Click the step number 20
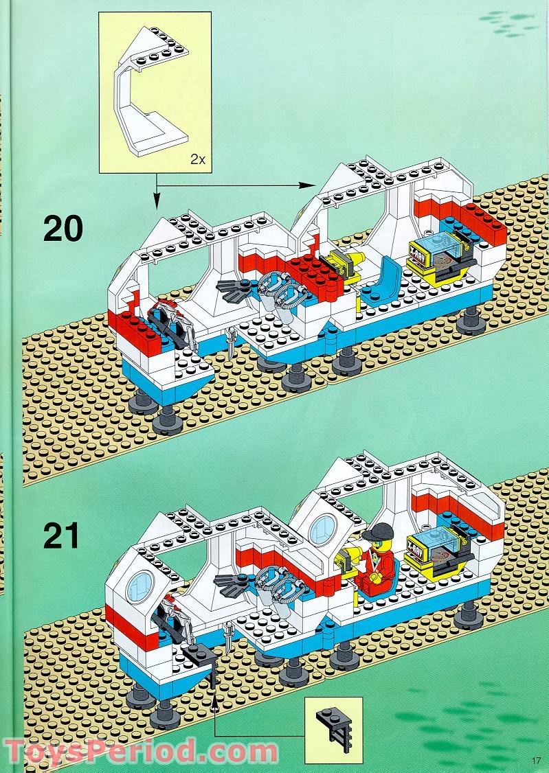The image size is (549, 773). pos(63,229)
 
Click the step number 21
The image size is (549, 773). pos(62,536)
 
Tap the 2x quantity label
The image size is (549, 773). pos(198,159)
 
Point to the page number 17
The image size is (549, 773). pos(536,759)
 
